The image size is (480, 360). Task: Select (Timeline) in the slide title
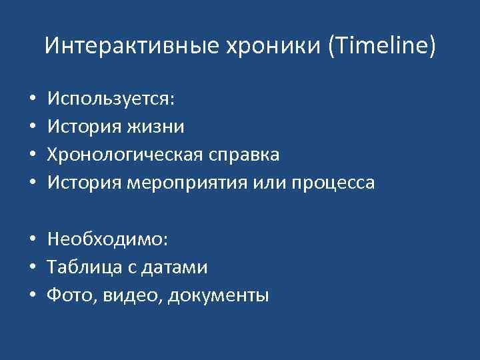pyautogui.click(x=380, y=46)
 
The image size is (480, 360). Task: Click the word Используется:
pyautogui.click(x=111, y=99)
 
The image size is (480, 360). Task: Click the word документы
pyautogui.click(x=219, y=295)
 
